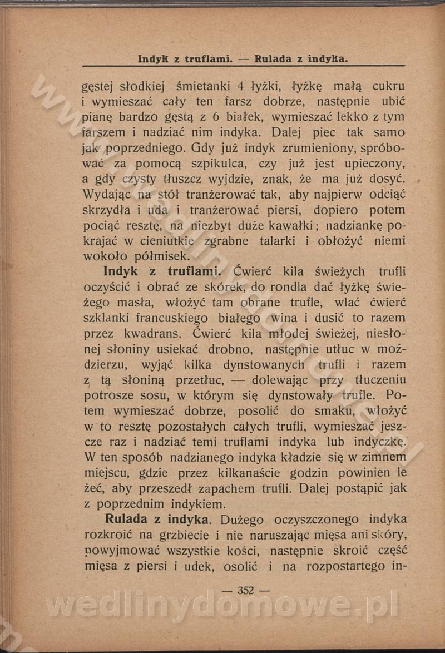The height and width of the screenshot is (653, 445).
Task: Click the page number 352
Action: (245, 591)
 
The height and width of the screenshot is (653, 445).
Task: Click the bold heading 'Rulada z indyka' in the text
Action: (157, 520)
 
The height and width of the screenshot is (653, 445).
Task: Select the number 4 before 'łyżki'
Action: (241, 86)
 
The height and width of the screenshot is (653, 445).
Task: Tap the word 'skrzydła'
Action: (107, 210)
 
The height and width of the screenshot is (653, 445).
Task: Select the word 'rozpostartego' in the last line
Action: (339, 566)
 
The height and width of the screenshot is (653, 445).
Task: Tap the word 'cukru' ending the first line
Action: (388, 86)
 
